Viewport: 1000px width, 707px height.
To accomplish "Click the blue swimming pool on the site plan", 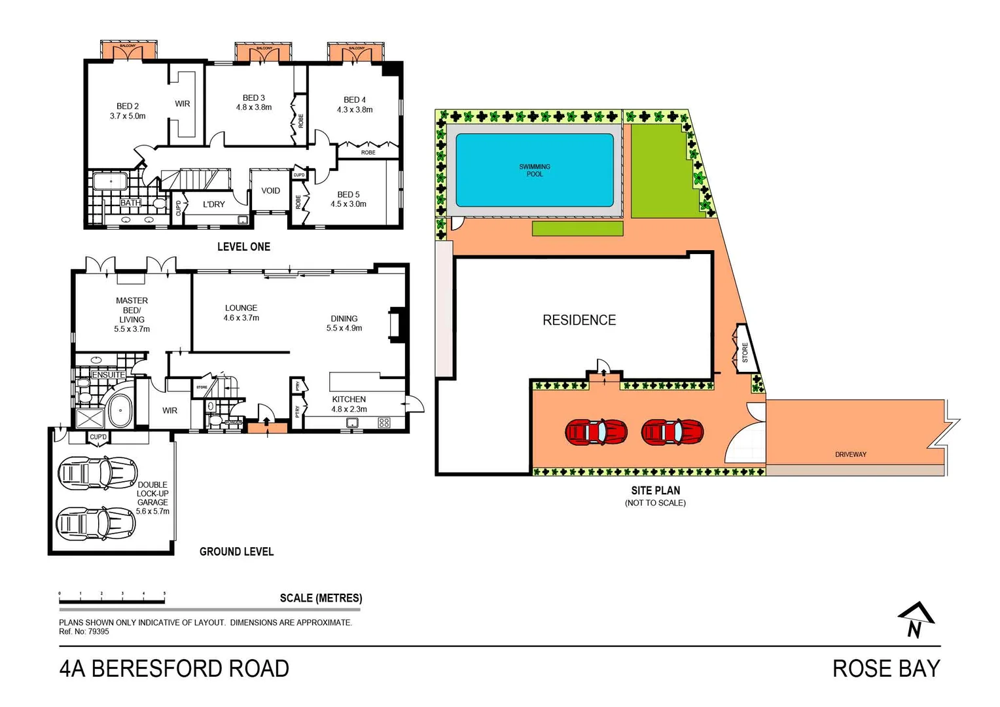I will coord(534,170).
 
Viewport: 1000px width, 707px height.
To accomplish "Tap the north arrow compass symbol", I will coord(916,619).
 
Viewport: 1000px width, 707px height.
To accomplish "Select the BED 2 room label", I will coord(128,106).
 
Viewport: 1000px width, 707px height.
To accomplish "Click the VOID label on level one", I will coord(270,191).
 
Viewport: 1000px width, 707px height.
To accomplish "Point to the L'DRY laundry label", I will coord(213,204).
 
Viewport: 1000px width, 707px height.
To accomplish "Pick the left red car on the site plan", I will coord(596,432).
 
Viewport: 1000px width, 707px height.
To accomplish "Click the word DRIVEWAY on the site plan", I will coord(850,454).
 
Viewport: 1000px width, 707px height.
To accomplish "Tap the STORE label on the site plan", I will coord(745,352).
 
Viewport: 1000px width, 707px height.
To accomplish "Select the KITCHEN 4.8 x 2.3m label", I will coord(349,404).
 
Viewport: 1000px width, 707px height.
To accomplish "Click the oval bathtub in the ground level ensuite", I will coord(120,411).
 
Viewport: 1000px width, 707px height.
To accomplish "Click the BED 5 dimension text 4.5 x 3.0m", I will coord(348,204).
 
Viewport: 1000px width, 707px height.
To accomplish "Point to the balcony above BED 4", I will coord(356,52).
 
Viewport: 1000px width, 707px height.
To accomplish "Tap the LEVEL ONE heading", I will coord(243,247).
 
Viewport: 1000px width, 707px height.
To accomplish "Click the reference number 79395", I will coord(98,632).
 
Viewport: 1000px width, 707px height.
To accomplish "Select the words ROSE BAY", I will coord(885,668).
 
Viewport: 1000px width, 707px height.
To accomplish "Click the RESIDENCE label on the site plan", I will coord(579,320).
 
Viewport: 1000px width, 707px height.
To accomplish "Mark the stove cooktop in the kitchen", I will coord(384,423).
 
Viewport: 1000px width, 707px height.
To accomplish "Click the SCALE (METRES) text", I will coord(321,598).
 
